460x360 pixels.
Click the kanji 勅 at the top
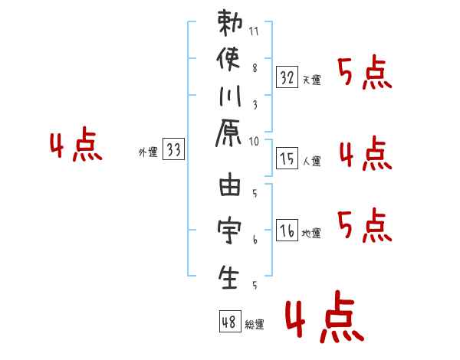230,23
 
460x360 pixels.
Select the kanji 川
230,96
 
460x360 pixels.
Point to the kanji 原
228,133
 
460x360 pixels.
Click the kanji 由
230,184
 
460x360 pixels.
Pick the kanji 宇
229,230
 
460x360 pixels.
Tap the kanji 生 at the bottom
228,277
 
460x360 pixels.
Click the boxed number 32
287,77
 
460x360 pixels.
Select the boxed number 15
287,158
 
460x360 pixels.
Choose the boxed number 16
287,230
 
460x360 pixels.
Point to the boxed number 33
173,149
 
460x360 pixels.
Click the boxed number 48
230,321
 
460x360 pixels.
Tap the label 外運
148,152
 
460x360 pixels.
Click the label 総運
255,324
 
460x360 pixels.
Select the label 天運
311,80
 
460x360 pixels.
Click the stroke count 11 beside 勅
254,31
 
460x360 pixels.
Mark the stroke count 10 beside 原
254,142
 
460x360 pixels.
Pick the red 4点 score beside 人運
366,153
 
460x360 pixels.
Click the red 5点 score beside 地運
365,225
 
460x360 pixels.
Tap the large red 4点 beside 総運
325,316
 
